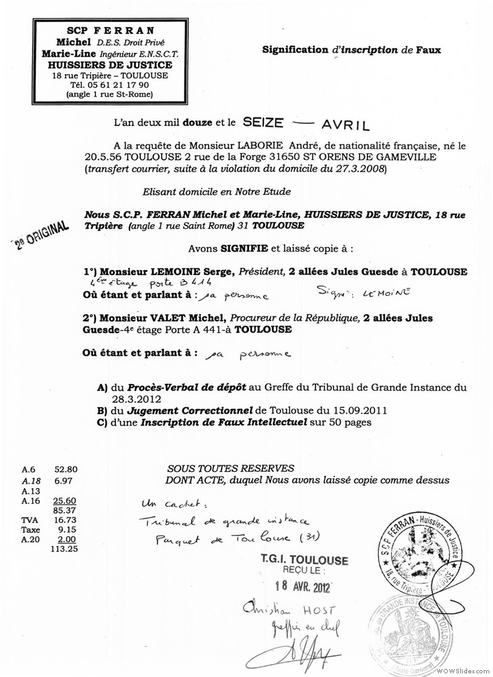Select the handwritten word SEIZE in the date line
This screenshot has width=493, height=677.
tap(264, 123)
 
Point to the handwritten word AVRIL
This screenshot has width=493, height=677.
tap(345, 125)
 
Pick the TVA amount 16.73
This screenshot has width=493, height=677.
tap(65, 520)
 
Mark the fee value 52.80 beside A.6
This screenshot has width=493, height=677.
tap(65, 468)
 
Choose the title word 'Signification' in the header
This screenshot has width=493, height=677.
tap(295, 50)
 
